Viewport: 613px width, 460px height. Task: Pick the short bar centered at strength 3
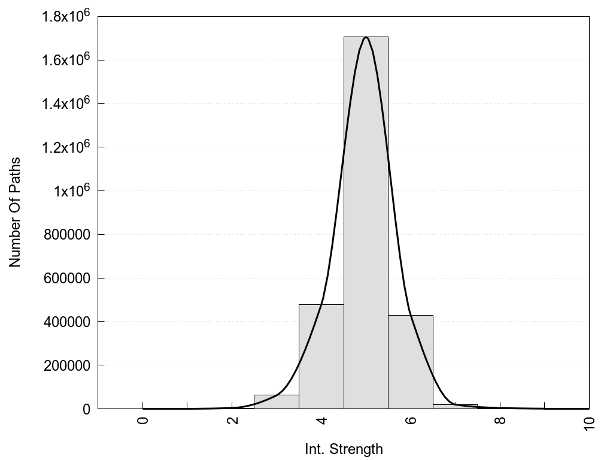[276, 402]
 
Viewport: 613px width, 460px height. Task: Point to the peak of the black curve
[366, 37]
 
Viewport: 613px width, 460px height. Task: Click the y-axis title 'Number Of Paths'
[15, 212]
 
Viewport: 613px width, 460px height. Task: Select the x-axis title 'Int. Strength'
[344, 449]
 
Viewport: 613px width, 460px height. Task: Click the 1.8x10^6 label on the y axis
[66, 16]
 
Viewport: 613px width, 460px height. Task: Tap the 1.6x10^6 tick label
[66, 60]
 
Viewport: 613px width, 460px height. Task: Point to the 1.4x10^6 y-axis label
[66, 104]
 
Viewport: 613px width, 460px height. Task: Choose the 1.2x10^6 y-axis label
[66, 147]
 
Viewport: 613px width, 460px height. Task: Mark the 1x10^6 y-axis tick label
[71, 191]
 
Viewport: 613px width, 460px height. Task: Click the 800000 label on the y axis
[67, 235]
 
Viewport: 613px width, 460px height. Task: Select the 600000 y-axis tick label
[67, 279]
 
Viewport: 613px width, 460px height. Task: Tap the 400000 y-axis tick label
[67, 322]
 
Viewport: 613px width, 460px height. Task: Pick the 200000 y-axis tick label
[67, 365]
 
